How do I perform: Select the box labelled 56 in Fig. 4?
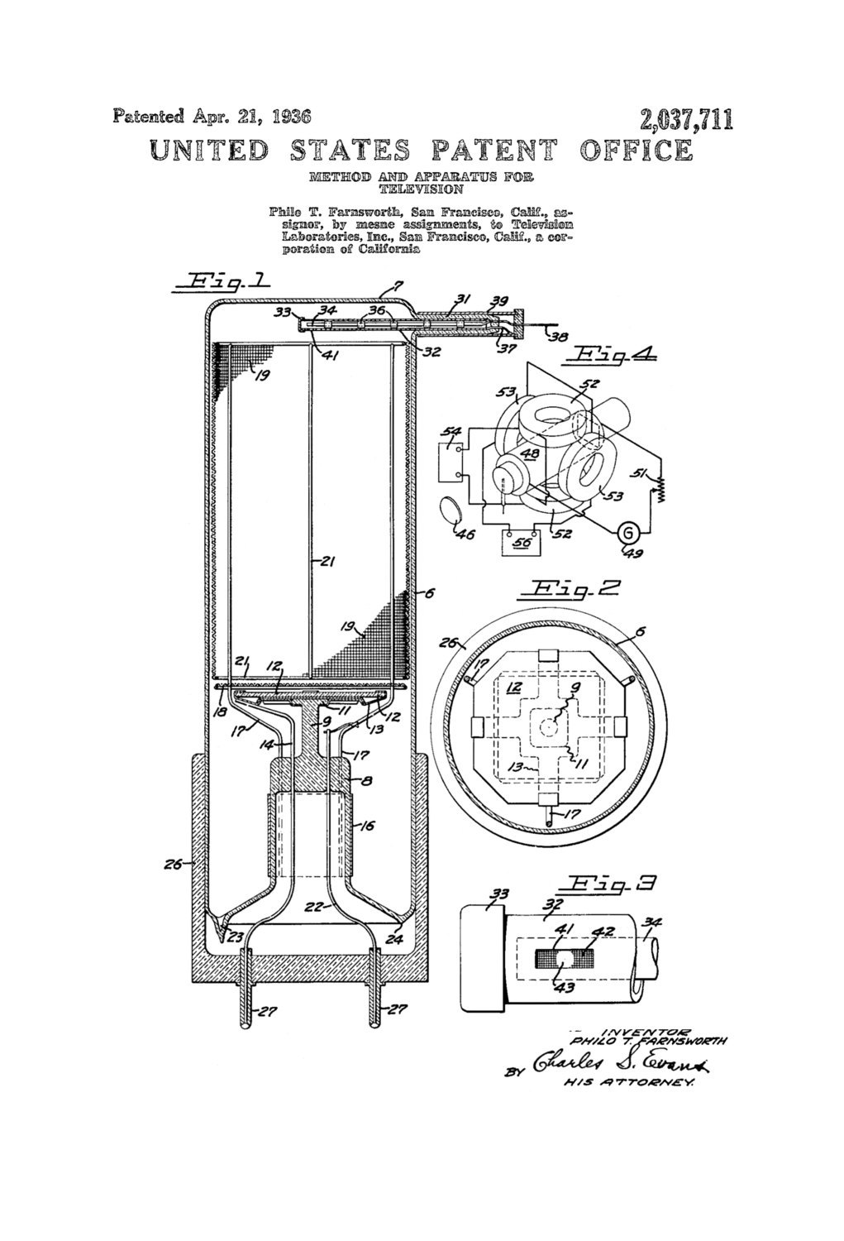(521, 542)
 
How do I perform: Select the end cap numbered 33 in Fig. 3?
(480, 956)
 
